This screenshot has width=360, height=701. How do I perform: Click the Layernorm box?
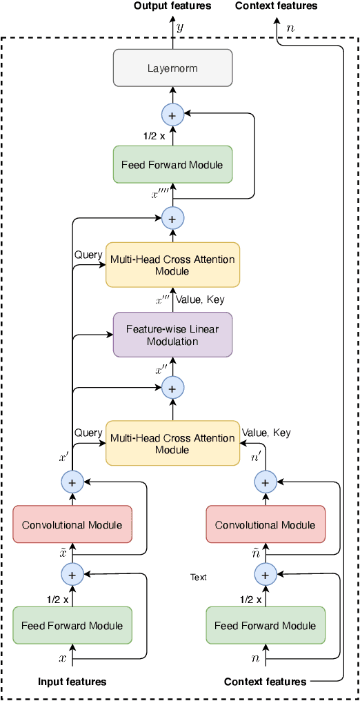tap(172, 68)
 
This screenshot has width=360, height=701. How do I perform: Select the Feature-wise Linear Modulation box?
tap(172, 335)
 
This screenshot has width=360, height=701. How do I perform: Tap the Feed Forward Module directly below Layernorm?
tap(172, 164)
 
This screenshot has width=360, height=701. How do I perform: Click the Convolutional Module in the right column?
tap(265, 524)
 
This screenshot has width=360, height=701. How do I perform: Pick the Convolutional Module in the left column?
tap(72, 524)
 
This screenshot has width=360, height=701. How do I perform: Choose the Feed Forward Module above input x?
tap(72, 626)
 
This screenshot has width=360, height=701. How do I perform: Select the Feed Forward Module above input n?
tap(265, 626)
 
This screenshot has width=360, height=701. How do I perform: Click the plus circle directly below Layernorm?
tap(172, 115)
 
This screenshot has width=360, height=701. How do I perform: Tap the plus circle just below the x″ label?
tap(172, 388)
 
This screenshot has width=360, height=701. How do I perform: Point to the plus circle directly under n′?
tap(265, 480)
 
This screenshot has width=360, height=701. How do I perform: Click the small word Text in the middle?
tap(199, 577)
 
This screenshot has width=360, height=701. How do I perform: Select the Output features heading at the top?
tap(172, 6)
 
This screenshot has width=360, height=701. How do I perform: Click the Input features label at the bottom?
tap(72, 682)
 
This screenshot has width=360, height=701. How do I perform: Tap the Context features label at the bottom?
tap(265, 682)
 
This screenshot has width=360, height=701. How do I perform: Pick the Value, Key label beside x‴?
tap(200, 299)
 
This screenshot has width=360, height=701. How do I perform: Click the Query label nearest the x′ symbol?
tap(88, 433)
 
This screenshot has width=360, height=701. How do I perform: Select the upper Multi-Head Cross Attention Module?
tap(172, 265)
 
